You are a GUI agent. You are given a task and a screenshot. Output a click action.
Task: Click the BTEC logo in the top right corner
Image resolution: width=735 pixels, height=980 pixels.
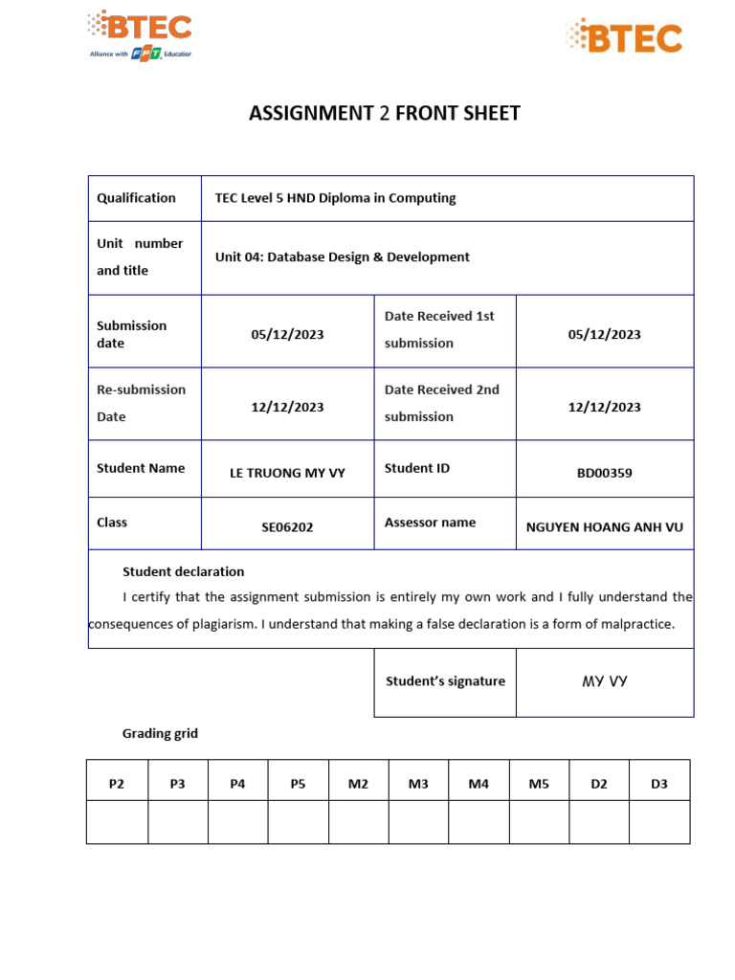pos(624,36)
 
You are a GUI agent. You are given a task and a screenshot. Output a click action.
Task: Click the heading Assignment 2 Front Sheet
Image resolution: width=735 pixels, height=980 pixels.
pos(385,114)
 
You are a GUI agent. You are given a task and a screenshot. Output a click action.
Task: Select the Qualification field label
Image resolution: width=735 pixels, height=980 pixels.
pos(136,198)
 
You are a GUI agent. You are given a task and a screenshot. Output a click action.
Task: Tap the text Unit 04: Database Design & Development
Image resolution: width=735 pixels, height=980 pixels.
pos(343,257)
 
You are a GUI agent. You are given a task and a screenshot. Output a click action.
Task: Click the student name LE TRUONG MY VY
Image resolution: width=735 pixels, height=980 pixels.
pos(287,473)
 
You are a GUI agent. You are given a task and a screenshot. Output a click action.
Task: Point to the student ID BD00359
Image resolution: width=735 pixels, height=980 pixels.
pos(604,473)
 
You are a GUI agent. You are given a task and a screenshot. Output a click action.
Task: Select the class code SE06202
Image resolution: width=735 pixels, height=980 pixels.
pos(287,526)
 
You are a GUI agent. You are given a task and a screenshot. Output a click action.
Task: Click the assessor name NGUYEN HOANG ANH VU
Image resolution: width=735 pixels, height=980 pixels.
pos(605,526)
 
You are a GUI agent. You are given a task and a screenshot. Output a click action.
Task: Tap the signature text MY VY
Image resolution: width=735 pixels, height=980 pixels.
pos(605,681)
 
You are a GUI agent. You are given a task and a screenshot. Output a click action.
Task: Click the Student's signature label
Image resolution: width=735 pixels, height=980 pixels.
pos(445,681)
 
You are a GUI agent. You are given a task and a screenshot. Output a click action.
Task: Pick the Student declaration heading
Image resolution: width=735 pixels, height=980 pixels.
pos(183,571)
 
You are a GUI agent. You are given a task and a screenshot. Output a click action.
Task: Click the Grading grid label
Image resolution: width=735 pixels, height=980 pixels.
pos(160,734)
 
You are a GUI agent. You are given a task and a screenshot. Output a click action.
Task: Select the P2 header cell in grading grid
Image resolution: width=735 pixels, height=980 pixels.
pos(117,784)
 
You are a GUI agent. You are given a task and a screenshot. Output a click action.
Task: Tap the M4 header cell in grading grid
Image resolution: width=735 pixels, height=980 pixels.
pos(479,784)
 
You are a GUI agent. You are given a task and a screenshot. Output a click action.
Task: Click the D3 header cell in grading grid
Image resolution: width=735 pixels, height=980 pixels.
pos(658,784)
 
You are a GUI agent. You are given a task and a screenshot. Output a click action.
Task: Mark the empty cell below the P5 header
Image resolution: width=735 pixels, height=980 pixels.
pos(298,822)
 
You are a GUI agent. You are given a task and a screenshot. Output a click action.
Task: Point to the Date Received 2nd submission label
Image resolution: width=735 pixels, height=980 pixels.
pos(442,403)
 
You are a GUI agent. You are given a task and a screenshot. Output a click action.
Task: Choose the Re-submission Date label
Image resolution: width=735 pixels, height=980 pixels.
pos(141,403)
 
